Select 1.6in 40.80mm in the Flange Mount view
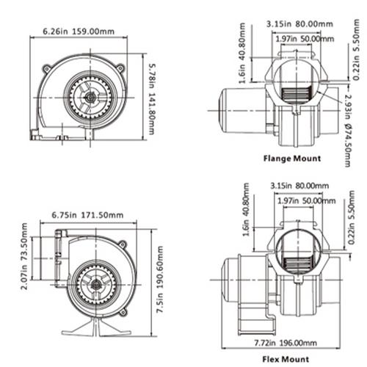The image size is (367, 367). pos(242,54)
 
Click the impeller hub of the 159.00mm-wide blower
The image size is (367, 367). pos(87,95)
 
